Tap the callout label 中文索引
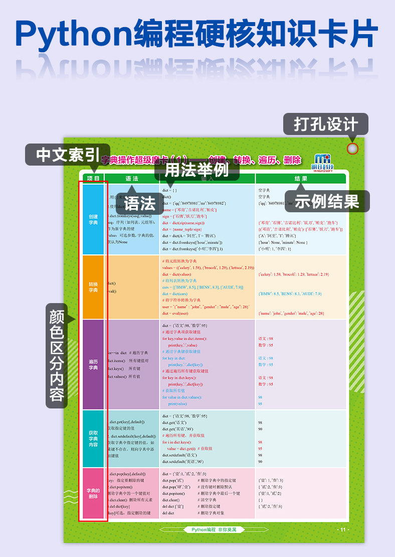[68, 155]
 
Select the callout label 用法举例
[196, 170]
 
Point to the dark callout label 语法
[140, 204]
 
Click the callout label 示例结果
[327, 201]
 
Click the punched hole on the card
[353, 149]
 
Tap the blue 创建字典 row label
[93, 220]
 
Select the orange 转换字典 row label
[93, 287]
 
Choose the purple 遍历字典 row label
[93, 364]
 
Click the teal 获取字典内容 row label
[93, 439]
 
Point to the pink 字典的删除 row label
[93, 493]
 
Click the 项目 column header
[93, 178]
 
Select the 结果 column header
[301, 178]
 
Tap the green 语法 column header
[132, 178]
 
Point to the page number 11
[343, 530]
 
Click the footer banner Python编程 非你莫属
[214, 530]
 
